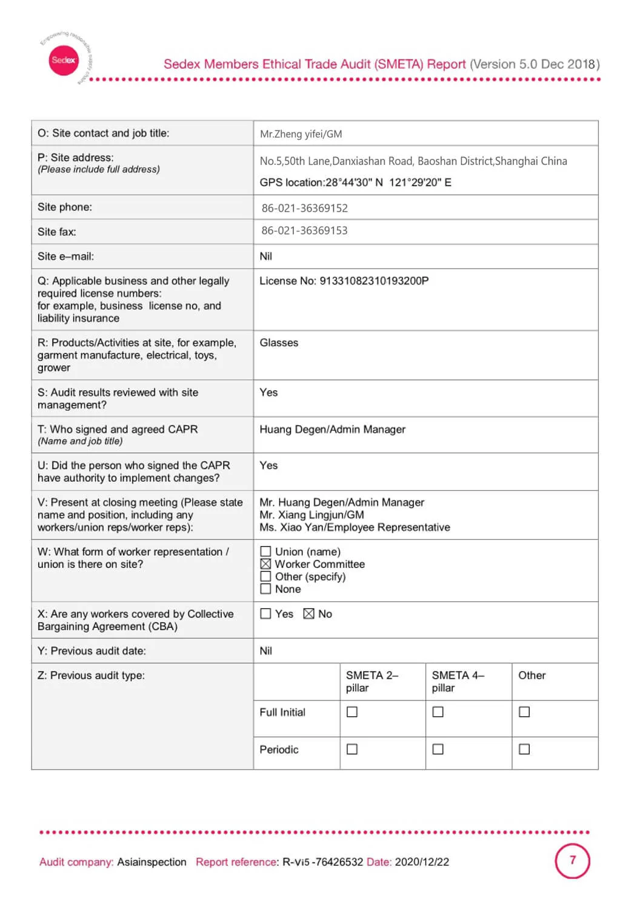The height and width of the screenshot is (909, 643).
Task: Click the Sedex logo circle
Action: pyautogui.click(x=64, y=60)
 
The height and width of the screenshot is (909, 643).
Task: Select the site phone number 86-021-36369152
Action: pyautogui.click(x=304, y=208)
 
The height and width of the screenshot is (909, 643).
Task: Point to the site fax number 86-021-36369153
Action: pyautogui.click(x=304, y=231)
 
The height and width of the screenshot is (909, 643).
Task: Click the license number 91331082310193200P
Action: pyautogui.click(x=374, y=281)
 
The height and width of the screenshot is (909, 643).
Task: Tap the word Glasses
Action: pyautogui.click(x=279, y=343)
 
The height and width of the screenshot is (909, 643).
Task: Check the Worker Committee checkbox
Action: pyautogui.click(x=265, y=564)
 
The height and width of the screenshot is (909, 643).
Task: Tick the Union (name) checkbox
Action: pyautogui.click(x=265, y=551)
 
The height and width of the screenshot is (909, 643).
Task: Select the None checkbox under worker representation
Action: pyautogui.click(x=265, y=589)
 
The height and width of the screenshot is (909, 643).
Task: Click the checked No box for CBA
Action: pyautogui.click(x=308, y=614)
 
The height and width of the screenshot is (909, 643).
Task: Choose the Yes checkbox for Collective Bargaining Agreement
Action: pyautogui.click(x=265, y=614)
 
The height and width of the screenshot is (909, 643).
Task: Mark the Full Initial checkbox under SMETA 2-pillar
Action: pyautogui.click(x=352, y=712)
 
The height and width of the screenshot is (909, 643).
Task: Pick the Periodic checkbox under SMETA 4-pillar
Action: pyautogui.click(x=438, y=750)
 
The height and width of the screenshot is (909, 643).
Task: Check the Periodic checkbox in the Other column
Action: pyautogui.click(x=524, y=750)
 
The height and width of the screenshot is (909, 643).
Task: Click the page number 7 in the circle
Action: pyautogui.click(x=572, y=861)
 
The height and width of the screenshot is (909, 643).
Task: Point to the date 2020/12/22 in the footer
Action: pyautogui.click(x=422, y=862)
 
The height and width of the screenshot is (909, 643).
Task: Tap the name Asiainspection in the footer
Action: pyautogui.click(x=152, y=862)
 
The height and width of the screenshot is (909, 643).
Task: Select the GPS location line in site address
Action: pyautogui.click(x=355, y=182)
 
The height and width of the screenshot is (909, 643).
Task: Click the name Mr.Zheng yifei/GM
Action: pyautogui.click(x=301, y=134)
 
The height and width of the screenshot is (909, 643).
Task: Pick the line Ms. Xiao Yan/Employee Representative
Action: pyautogui.click(x=355, y=527)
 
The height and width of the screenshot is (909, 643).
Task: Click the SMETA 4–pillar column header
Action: pyautogui.click(x=458, y=682)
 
